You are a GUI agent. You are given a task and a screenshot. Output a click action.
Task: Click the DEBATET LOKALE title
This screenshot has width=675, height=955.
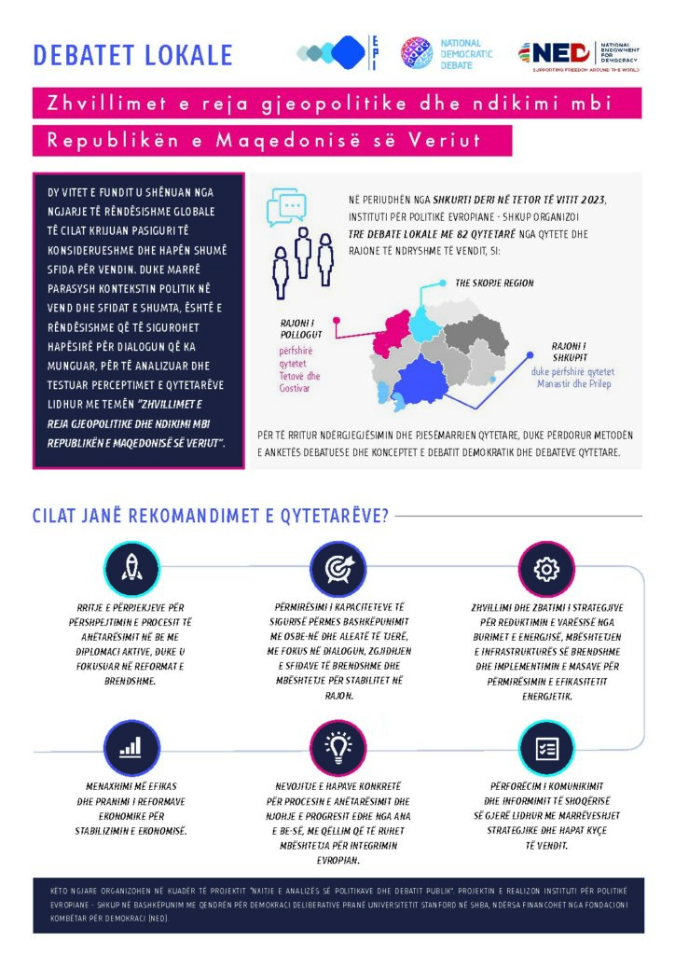(132, 55)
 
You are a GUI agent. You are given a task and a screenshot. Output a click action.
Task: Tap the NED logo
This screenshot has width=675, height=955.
(579, 56)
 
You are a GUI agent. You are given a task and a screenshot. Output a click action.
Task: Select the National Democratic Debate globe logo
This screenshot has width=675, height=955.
(417, 53)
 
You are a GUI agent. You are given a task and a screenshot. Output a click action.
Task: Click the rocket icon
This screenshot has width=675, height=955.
(131, 568)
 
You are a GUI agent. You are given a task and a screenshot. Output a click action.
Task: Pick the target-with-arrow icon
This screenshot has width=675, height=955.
(338, 568)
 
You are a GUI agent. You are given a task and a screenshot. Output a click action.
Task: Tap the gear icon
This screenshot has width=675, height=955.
(546, 569)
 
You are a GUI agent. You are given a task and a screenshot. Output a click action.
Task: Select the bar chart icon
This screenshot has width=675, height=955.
(131, 748)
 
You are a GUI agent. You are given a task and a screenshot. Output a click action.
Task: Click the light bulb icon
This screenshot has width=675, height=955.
(338, 748)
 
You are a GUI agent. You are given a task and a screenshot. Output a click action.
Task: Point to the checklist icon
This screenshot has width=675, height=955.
(546, 748)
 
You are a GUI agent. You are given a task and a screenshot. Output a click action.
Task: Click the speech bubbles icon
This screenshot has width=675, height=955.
(286, 206)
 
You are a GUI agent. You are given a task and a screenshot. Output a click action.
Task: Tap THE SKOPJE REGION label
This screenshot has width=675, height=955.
(494, 284)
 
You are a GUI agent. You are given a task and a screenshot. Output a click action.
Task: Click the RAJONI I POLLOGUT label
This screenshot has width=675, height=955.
(301, 329)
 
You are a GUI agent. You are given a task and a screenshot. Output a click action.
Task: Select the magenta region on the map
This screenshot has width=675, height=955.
(391, 333)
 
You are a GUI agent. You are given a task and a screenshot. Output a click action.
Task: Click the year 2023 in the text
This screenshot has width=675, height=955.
(593, 200)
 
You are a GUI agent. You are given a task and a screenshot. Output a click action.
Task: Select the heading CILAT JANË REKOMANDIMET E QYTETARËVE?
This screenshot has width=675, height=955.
(211, 516)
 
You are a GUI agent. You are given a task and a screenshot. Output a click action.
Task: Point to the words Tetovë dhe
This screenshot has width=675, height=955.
(299, 376)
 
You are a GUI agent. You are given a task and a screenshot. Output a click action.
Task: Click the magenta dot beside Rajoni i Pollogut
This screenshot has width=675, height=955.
(336, 320)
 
